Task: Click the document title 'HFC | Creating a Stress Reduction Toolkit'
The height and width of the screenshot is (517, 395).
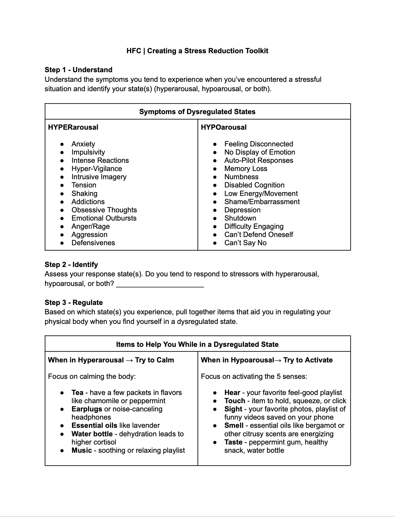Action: coord(197,51)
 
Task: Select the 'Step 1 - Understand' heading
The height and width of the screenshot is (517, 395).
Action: coord(78,70)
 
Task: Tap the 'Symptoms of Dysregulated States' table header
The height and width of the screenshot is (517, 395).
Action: coord(197,112)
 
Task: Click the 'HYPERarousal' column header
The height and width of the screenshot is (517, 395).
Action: coord(73,127)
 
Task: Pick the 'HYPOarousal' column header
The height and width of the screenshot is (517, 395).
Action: coord(224,127)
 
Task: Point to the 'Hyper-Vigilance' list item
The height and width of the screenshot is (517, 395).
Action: coord(97,169)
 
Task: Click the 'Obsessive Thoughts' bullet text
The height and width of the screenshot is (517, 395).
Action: coord(104,210)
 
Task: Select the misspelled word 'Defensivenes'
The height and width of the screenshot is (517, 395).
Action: coord(93,243)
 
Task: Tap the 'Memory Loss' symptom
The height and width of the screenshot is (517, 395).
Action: coord(246,169)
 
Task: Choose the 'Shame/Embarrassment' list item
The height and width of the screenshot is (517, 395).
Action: coord(262,202)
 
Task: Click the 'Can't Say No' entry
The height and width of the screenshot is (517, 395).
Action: coord(245,243)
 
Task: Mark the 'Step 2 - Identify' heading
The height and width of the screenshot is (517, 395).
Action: coord(71,265)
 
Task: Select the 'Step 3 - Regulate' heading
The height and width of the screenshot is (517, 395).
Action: coord(74,303)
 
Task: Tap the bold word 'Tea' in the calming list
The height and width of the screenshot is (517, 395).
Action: coord(77,393)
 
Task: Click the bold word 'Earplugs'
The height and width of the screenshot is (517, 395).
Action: coord(87,409)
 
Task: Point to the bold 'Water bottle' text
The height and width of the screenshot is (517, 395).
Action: coord(92,434)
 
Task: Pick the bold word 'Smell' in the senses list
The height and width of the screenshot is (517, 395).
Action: coord(234,426)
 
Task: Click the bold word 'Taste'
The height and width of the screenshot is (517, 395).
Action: coord(233,442)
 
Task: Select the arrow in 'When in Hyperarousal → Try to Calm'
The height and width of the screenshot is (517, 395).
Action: coord(129,360)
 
